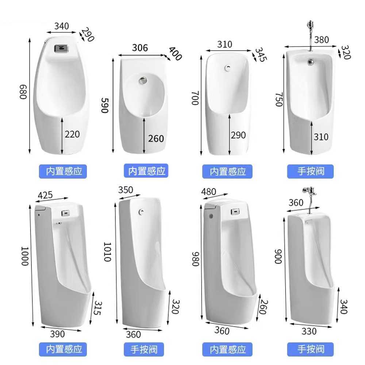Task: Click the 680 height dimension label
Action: [x=23, y=92]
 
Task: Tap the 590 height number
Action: [x=105, y=105]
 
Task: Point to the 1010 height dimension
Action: [x=107, y=252]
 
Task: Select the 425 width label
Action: [x=45, y=195]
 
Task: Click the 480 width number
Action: [x=208, y=192]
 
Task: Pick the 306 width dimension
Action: [x=140, y=48]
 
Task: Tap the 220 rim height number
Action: [x=72, y=134]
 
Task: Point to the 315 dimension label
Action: [x=98, y=308]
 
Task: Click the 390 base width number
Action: [x=57, y=334]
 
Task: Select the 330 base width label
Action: [x=309, y=331]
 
